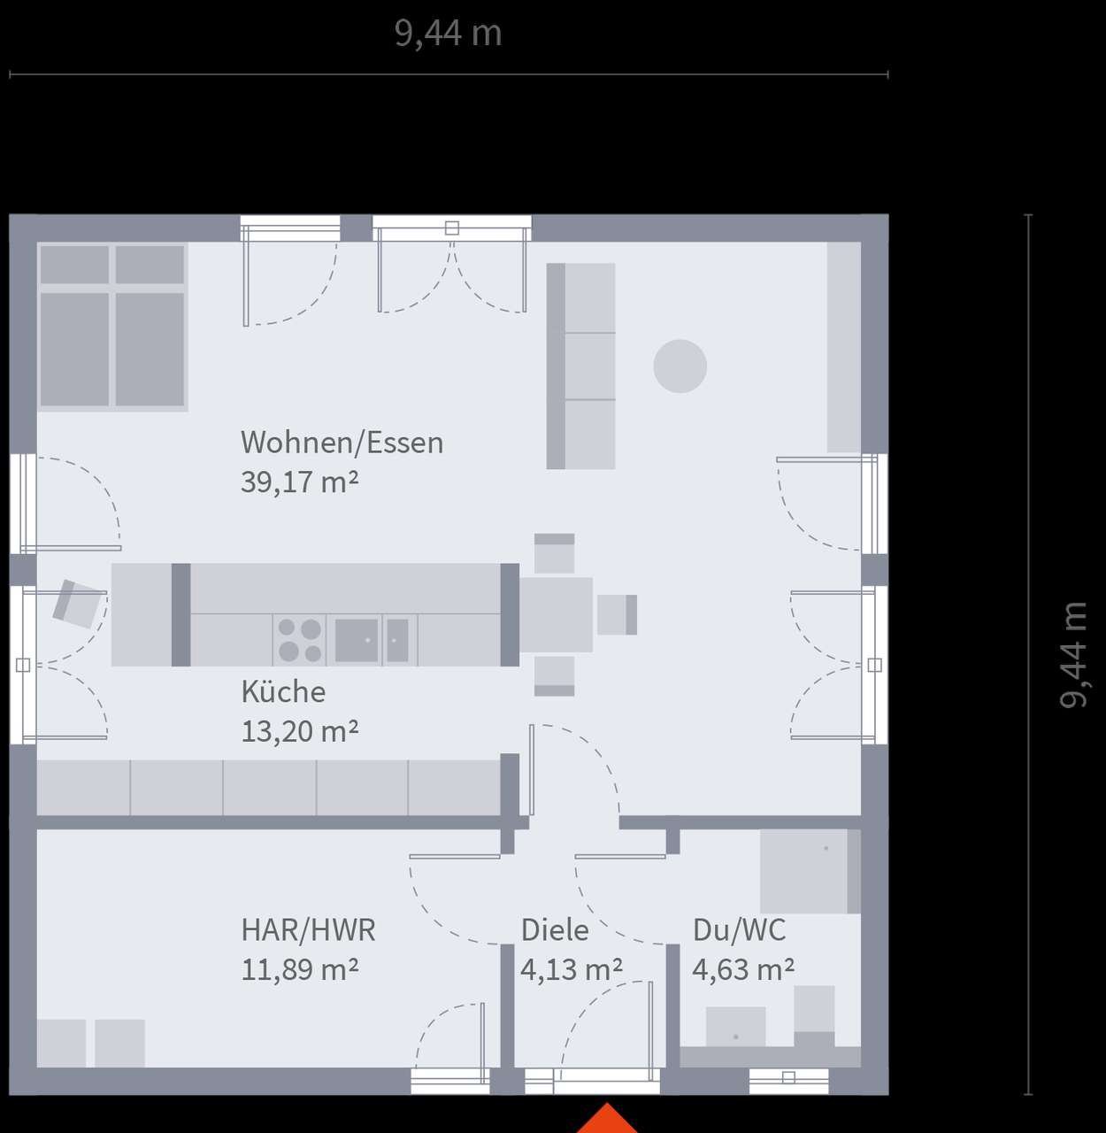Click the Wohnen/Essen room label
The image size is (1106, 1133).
[x=342, y=443]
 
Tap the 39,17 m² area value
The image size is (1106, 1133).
[x=300, y=482]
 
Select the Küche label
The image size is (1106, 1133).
[x=283, y=691]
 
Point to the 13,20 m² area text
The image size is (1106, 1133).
[x=300, y=731]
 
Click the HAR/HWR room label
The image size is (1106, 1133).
[x=309, y=929]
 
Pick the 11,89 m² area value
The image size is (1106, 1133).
[x=300, y=969]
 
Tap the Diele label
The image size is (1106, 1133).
[x=555, y=929]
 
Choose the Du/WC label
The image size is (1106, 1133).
[x=740, y=929]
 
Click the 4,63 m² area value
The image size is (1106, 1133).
[x=743, y=969]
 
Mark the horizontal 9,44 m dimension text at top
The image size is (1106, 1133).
[x=449, y=33]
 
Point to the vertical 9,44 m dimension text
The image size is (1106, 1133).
[x=1072, y=655]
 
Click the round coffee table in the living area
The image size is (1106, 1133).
[x=680, y=366]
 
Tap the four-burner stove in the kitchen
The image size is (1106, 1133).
[x=299, y=641]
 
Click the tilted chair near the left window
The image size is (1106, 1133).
[x=76, y=604]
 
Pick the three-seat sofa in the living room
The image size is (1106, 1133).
[x=580, y=366]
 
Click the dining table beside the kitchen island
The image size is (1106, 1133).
[x=556, y=615]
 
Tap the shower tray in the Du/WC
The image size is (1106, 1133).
[x=810, y=871]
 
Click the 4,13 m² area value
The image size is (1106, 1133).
[x=572, y=969]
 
